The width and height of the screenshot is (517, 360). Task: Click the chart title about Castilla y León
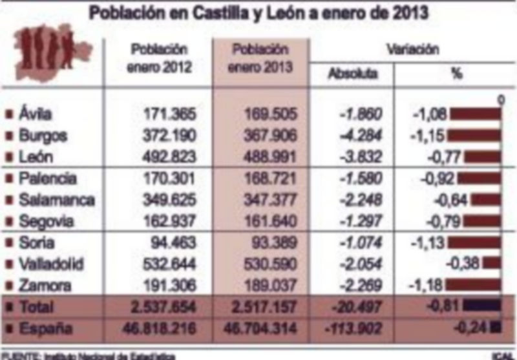[258, 12]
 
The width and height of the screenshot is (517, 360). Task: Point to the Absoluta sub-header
[352, 74]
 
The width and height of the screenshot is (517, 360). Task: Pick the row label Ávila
[36, 114]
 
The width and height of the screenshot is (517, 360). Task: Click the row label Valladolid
[52, 264]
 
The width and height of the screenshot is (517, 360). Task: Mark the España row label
[45, 328]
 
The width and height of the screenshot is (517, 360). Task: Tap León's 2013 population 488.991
[270, 157]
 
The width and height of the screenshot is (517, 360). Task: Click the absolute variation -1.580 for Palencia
[361, 178]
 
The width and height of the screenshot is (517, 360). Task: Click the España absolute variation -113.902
[357, 328]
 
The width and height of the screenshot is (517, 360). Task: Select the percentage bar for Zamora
[474, 285]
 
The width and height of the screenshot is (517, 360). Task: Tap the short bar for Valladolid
[492, 264]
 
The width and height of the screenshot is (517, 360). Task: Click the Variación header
[413, 49]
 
